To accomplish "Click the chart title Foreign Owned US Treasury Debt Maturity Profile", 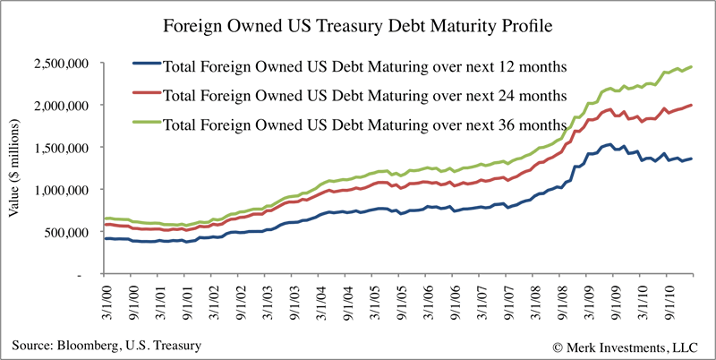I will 358,26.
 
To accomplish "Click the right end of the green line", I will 691,67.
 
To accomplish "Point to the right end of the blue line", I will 691,159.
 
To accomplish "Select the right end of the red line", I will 691,106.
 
